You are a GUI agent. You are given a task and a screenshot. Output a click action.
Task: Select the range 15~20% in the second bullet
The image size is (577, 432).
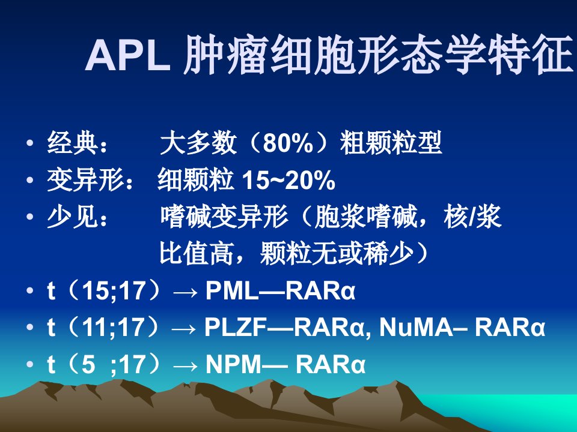288,180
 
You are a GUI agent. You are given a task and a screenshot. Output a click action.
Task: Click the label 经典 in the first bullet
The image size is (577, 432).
73,143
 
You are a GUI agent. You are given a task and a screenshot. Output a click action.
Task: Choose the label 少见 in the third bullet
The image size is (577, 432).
73,217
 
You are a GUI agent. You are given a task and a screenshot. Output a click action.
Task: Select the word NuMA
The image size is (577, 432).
416,327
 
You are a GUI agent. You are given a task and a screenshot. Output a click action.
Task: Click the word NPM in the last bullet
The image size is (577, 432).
233,364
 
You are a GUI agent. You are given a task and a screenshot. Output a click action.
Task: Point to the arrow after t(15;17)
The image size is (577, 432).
186,292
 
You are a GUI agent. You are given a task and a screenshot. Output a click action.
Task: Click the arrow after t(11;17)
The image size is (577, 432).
185,328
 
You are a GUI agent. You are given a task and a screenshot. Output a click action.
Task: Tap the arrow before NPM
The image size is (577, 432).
186,365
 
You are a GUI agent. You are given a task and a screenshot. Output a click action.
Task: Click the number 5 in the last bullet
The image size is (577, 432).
88,364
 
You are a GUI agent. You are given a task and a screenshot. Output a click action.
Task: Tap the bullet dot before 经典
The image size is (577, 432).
30,143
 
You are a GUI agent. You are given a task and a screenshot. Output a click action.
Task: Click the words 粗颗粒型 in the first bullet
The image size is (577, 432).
391,143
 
